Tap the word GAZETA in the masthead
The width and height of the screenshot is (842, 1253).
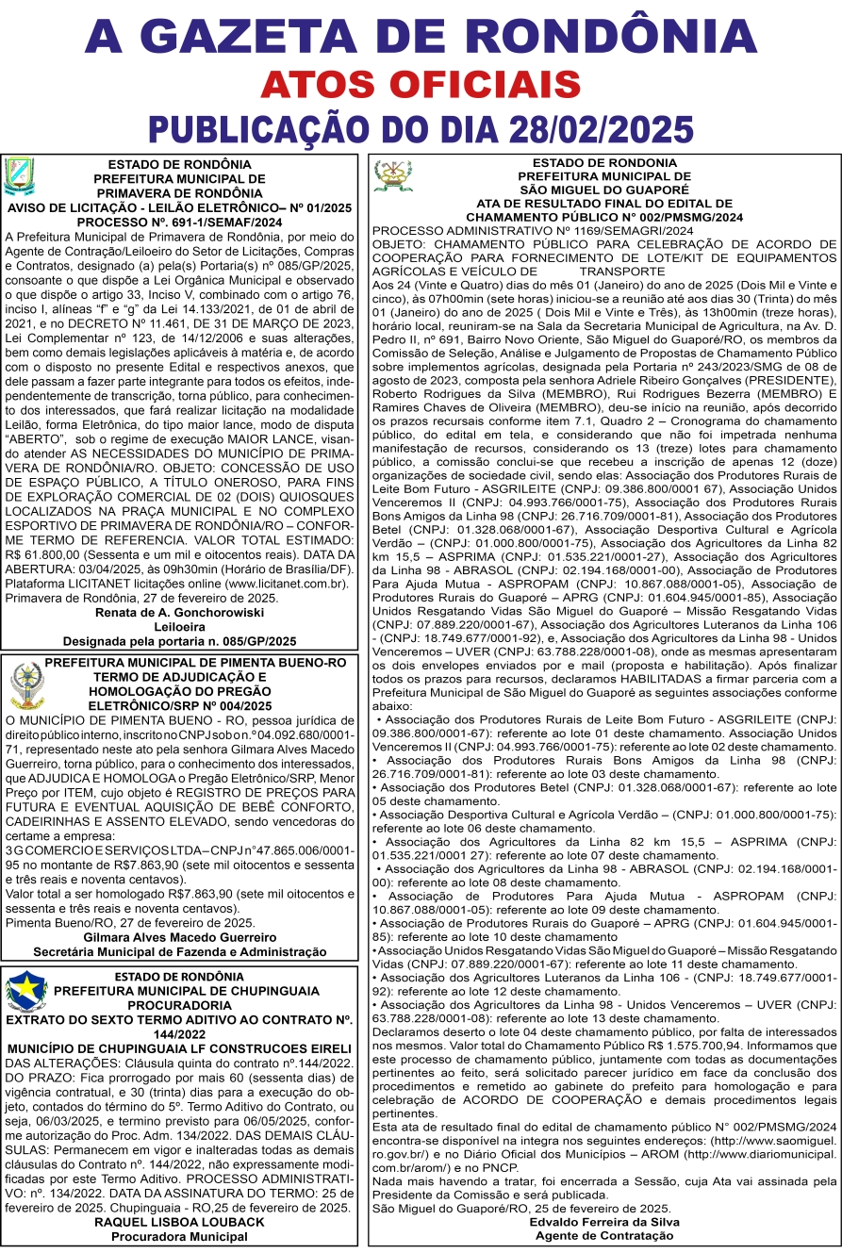[x=314, y=36]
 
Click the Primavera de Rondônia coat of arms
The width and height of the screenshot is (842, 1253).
[x=21, y=176]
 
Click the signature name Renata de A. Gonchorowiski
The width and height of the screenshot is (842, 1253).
[x=179, y=611]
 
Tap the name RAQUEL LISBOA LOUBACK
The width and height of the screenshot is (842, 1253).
[x=179, y=1221]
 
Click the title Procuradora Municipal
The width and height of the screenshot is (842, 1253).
[x=179, y=1235]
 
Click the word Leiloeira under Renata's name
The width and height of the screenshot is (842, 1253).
[x=179, y=625]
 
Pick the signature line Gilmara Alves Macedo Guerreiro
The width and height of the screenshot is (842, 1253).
[x=179, y=937]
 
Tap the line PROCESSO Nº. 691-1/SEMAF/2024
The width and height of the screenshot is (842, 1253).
[x=179, y=221]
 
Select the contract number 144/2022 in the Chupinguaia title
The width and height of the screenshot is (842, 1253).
[x=179, y=1033]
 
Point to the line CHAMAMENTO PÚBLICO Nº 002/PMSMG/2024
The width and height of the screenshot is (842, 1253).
[x=603, y=216]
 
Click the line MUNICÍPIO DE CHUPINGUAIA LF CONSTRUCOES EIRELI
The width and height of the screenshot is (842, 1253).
[x=179, y=1048]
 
